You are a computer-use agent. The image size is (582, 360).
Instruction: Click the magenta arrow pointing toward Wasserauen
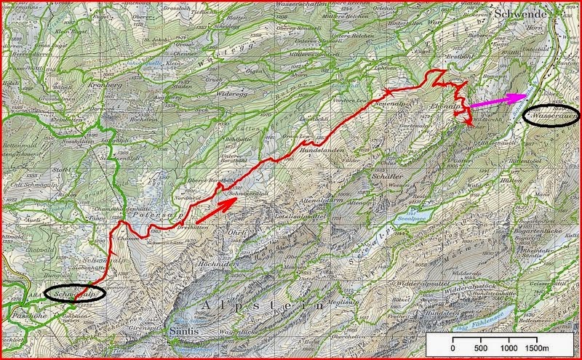[x=499, y=100]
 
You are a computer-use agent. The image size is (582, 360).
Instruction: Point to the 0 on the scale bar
[x=453, y=347]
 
